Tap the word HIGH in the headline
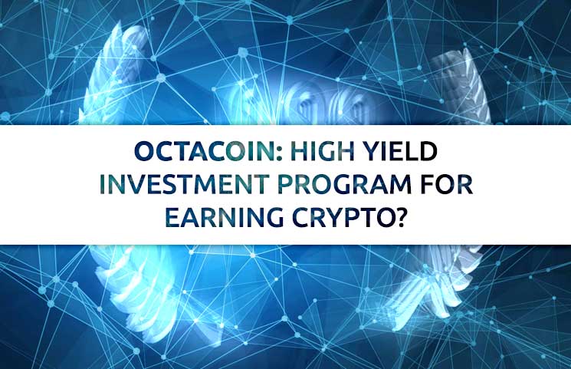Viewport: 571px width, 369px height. tap(322, 150)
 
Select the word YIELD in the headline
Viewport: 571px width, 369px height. tap(400, 150)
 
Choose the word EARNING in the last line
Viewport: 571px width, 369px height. tap(224, 218)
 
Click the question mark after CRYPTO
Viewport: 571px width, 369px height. tap(399, 218)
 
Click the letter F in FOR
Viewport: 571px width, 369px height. tap(427, 185)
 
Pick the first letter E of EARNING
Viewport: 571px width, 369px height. tap(172, 219)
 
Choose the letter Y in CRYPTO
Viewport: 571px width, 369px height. tap(336, 219)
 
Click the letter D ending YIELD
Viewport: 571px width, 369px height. tap(428, 151)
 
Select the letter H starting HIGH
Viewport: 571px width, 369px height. tap(298, 151)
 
